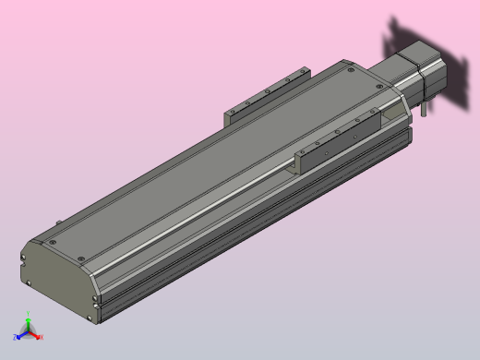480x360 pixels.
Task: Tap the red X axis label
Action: tap(41, 337)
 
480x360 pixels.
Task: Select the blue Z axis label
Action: tap(16, 338)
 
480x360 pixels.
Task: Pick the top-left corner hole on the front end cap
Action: tap(23, 255)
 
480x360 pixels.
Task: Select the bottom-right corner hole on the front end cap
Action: tap(90, 319)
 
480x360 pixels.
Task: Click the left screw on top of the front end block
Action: tap(53, 242)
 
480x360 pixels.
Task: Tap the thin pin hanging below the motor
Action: tap(423, 110)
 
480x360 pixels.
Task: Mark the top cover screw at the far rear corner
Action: tap(352, 67)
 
